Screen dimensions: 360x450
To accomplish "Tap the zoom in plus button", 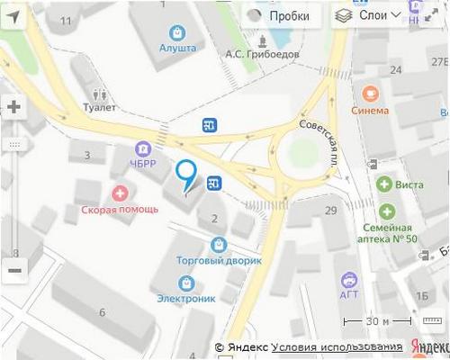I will click(13, 106).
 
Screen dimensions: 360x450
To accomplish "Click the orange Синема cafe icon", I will click(370, 93).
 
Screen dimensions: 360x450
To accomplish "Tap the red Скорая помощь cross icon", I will click(120, 192).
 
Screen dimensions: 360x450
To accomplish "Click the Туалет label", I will click(99, 104).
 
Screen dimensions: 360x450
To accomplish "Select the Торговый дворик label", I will click(219, 260).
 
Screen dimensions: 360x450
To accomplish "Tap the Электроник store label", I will click(185, 298).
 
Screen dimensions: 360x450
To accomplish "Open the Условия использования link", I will click(337, 347).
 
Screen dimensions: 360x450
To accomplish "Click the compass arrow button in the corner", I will click(13, 15).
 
